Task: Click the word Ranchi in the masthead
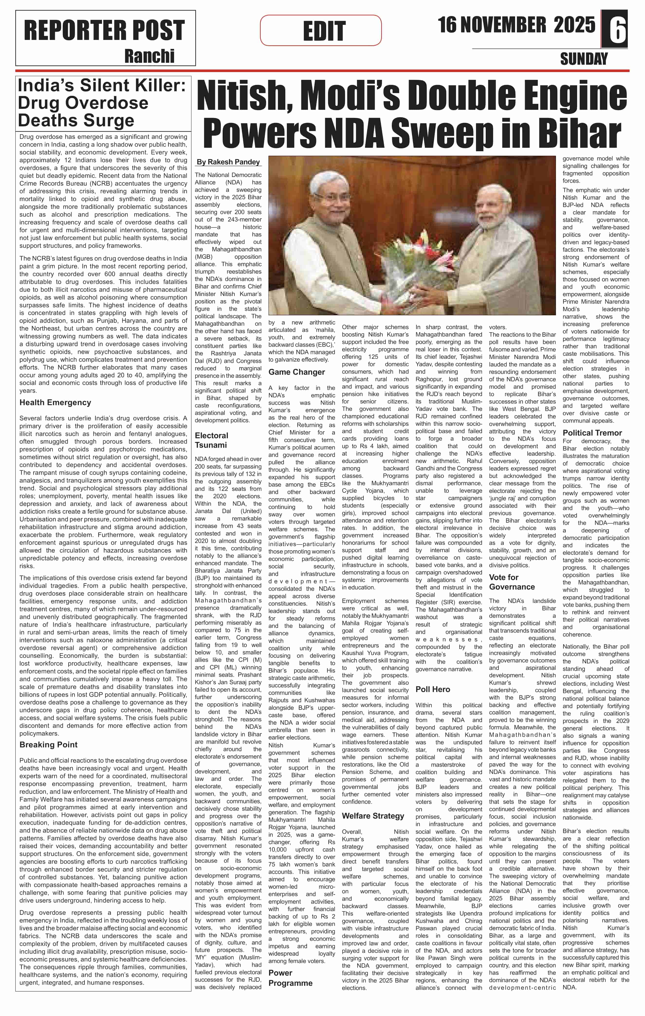149,56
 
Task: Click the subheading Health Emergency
55,403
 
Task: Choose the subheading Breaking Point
48,745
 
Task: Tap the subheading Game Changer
296,372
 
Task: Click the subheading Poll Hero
433,689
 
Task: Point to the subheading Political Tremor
592,433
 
